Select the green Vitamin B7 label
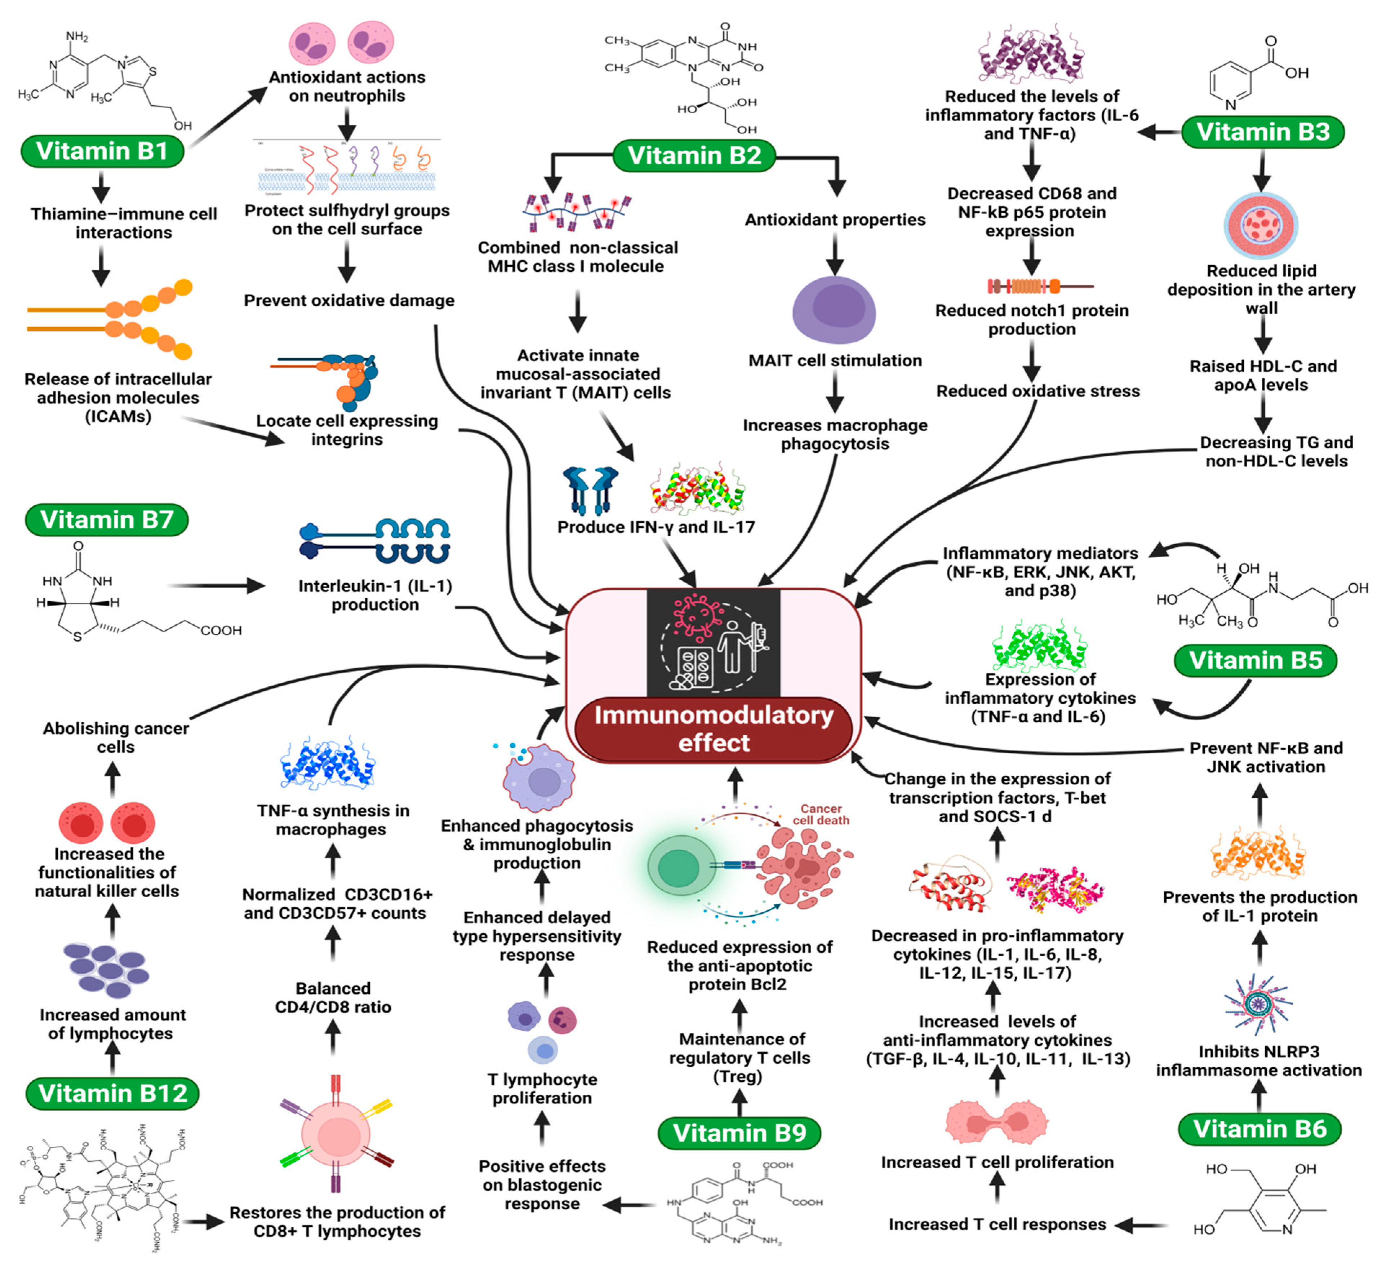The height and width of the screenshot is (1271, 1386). [107, 520]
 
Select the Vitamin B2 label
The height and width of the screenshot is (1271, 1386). [694, 155]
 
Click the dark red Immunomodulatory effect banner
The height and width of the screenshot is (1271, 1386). [714, 729]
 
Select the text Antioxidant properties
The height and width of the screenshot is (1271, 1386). [835, 220]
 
